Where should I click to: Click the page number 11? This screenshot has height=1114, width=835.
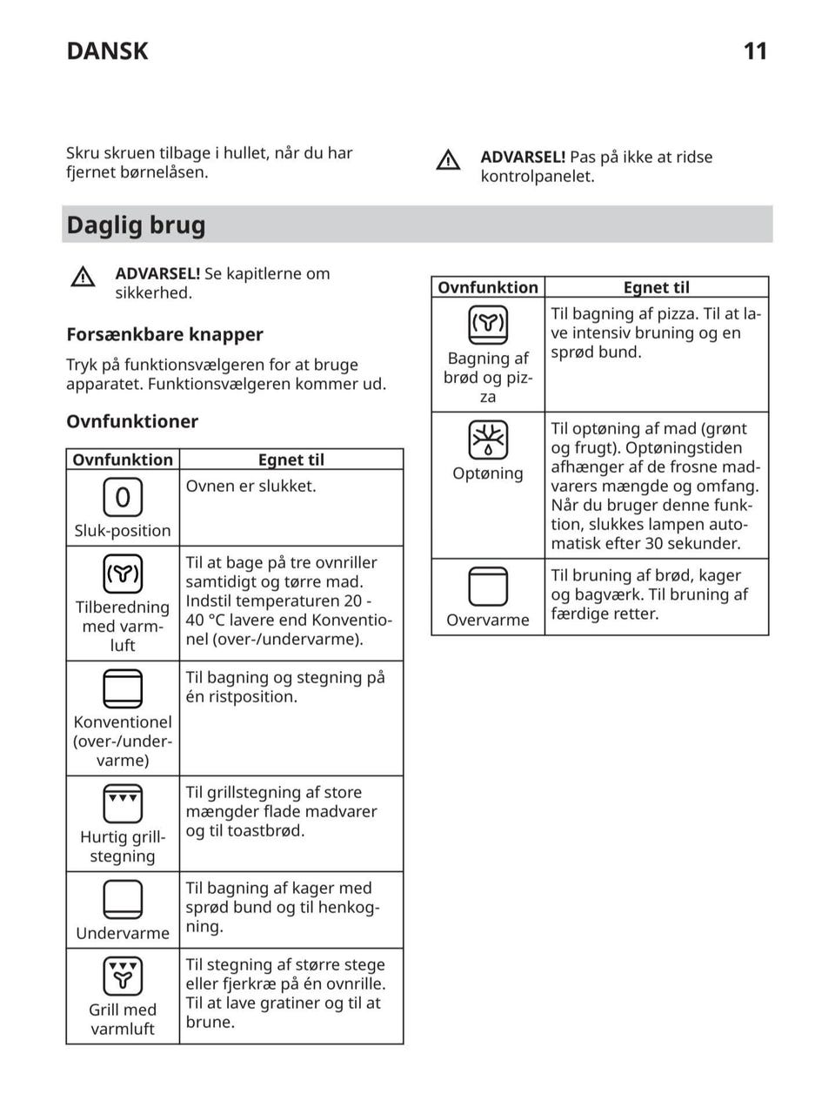tap(755, 51)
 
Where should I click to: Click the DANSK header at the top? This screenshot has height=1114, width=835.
tap(107, 51)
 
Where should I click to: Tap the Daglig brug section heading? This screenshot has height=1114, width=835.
tap(137, 225)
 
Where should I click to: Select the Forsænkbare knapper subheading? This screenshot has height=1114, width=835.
tap(164, 334)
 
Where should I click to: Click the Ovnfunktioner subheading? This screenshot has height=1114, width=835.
tap(132, 421)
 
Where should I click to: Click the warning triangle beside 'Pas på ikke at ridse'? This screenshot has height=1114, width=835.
tap(448, 160)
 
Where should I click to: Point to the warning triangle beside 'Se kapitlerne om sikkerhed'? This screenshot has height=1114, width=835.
tap(83, 277)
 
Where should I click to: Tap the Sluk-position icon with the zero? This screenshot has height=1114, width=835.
tap(123, 497)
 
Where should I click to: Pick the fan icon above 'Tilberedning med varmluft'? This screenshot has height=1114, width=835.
tap(123, 574)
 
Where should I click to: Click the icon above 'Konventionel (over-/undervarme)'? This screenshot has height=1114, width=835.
tap(123, 688)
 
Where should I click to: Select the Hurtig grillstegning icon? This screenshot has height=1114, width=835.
tap(123, 803)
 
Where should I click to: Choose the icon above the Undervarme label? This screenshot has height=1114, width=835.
tap(123, 899)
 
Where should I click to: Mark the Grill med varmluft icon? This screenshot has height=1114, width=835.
tap(123, 976)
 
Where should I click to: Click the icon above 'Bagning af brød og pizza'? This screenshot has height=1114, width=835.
tap(488, 325)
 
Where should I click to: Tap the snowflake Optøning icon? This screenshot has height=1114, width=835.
tap(488, 440)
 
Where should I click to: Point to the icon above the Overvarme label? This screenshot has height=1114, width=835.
tap(488, 586)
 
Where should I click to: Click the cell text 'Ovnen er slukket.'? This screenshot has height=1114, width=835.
tap(250, 487)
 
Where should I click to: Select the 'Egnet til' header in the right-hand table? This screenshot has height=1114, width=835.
tap(656, 288)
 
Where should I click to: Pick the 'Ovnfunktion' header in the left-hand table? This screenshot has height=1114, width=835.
tap(123, 460)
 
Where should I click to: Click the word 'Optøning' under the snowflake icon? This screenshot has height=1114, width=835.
tap(488, 473)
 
